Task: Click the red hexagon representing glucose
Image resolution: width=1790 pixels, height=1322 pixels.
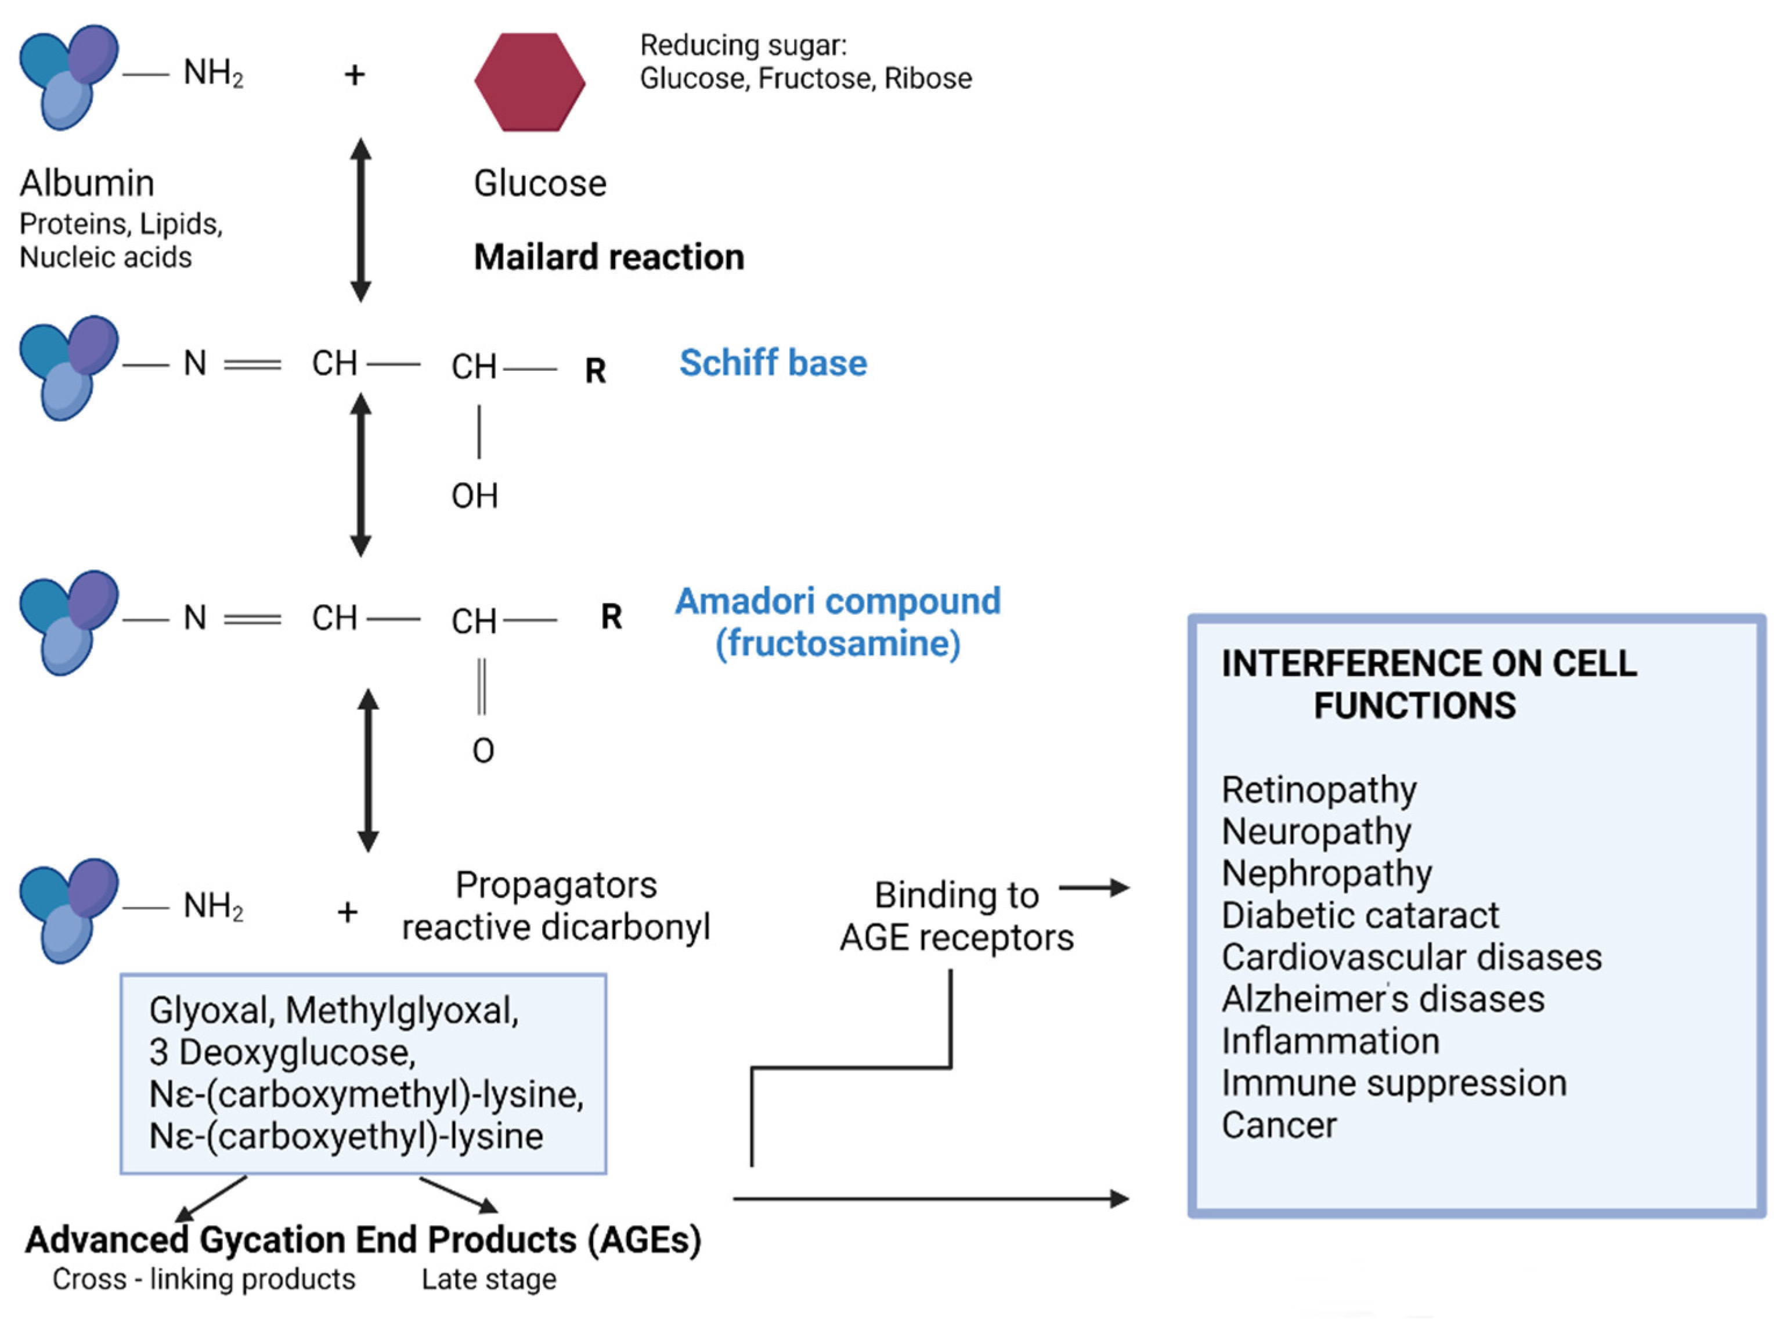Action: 530,82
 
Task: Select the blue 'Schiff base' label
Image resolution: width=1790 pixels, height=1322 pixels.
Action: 773,363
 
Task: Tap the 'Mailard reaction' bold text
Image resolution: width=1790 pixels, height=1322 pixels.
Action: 609,258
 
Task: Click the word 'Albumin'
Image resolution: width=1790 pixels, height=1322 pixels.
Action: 87,183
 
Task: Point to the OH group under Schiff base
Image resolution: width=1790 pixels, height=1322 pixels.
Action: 475,496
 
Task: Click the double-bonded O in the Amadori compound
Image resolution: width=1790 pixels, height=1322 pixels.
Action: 483,750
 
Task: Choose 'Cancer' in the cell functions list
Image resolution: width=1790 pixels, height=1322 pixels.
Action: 1279,1125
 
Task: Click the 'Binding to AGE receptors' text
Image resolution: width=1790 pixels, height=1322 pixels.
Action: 957,917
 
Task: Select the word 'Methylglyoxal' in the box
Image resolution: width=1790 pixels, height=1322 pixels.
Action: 402,1012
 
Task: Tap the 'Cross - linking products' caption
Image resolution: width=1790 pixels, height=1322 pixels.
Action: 204,1279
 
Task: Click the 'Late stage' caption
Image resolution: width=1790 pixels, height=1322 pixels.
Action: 489,1280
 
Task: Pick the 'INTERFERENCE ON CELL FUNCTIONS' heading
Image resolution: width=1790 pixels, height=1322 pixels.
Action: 1429,685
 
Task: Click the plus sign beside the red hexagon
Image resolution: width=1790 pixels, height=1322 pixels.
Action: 355,75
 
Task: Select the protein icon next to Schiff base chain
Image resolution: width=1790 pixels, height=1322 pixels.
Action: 69,367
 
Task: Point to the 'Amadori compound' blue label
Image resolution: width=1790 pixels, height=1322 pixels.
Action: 838,601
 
